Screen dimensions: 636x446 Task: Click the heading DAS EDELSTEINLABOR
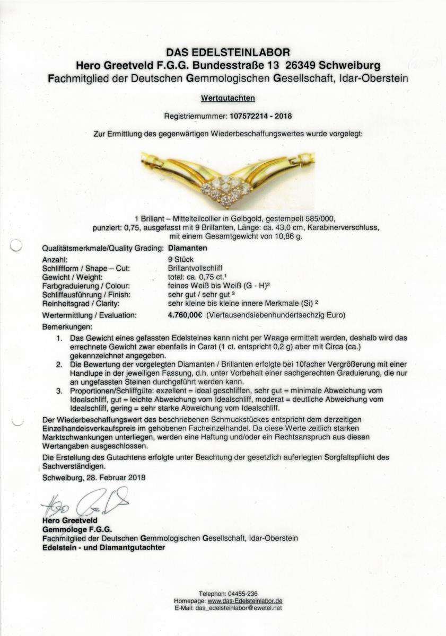coord(228,52)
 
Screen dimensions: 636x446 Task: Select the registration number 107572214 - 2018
coord(260,115)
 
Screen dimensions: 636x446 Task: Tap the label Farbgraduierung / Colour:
coord(84,286)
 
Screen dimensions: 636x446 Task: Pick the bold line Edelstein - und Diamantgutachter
coord(103,547)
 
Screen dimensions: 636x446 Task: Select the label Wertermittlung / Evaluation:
coord(88,315)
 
